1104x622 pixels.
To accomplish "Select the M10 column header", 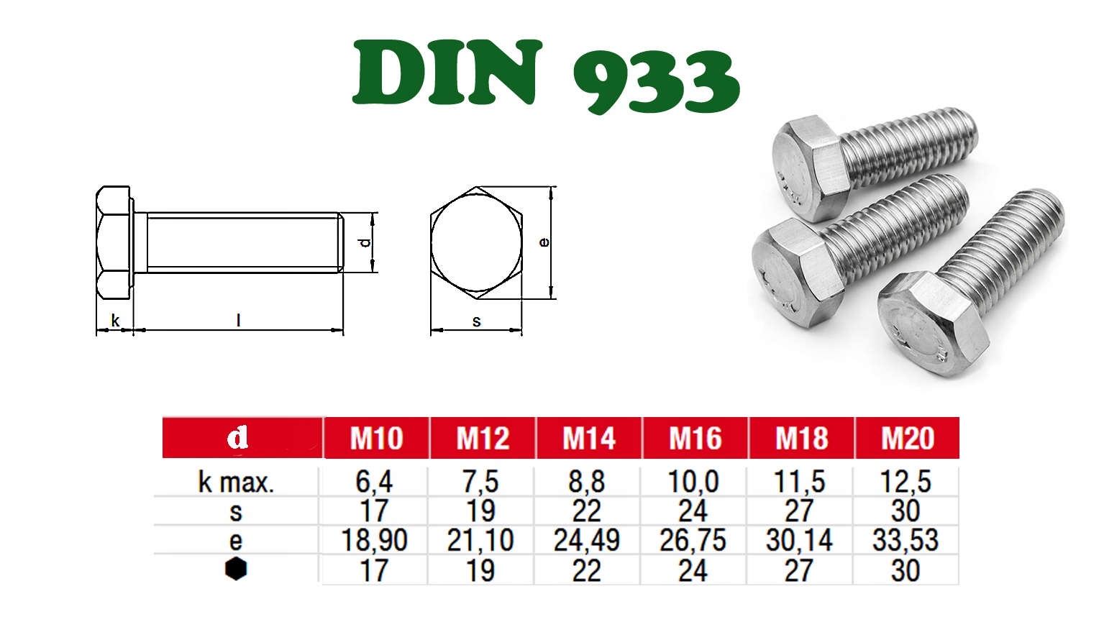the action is point(377,438).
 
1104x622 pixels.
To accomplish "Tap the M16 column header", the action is point(695,438).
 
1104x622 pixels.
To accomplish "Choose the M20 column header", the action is point(908,438).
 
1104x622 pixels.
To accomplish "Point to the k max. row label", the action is point(236,482).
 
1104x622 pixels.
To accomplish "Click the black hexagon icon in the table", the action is point(236,569).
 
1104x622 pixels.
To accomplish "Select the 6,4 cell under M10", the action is point(374,482).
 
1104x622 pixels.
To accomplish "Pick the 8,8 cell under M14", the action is point(586,482).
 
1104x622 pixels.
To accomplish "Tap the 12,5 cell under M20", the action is point(905,482).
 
